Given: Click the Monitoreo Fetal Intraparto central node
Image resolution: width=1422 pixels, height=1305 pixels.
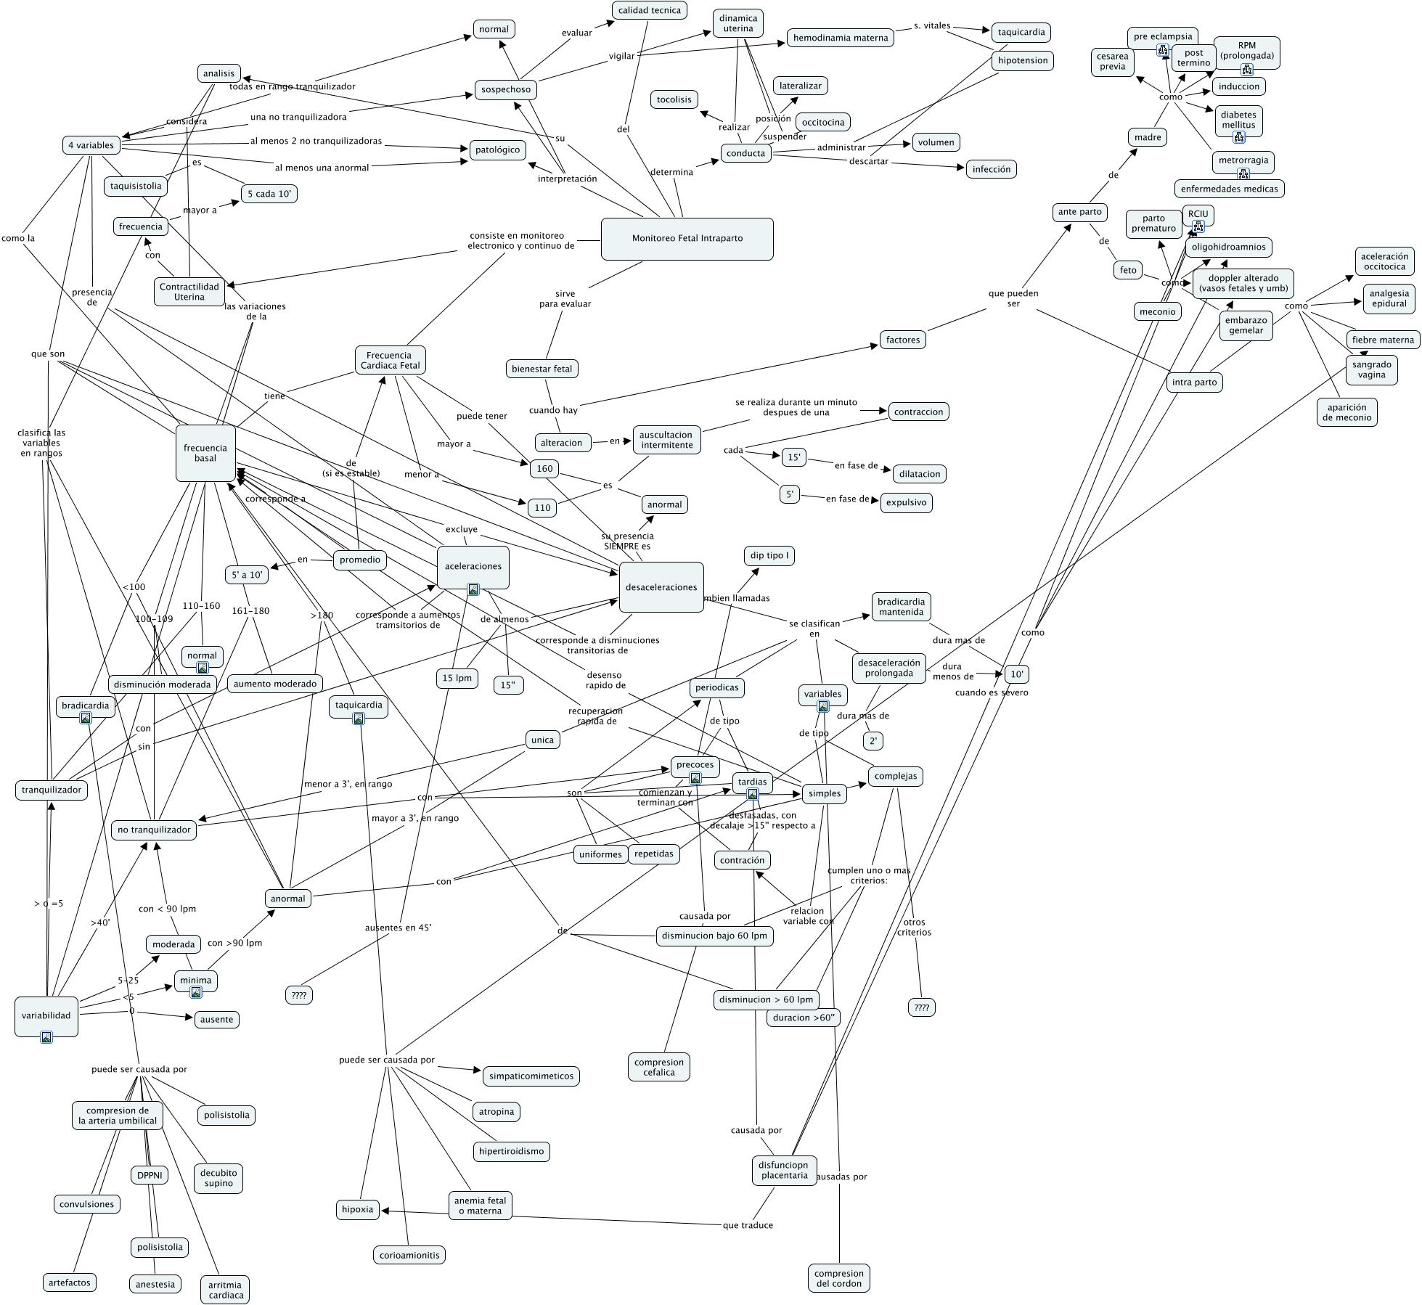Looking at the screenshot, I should point(687,238).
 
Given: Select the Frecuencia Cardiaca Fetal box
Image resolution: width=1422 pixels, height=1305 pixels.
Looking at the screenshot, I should point(390,360).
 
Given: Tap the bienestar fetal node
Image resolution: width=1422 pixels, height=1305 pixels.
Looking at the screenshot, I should point(542,369).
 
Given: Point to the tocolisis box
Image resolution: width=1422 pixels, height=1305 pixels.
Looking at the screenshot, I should point(674,99).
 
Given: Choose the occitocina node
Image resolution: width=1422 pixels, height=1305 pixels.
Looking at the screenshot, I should point(822,122).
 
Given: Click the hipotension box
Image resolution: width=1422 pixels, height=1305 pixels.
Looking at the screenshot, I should point(1022,60).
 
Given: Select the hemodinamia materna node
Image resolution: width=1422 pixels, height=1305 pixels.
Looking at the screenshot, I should point(840,38).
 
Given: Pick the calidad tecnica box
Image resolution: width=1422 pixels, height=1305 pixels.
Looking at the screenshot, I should point(649,10).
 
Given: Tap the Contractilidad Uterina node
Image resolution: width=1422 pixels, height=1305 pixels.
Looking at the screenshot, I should point(189,292).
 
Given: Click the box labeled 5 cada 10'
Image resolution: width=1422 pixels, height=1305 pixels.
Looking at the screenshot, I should point(269,194).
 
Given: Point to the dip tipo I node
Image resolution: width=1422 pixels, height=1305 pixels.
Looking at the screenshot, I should point(769,556).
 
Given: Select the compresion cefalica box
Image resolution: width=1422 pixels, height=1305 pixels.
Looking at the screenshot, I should point(658,1067).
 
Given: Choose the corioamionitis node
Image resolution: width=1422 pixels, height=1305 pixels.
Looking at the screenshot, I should point(409,1255).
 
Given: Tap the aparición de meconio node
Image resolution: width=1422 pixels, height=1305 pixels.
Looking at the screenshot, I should point(1347,412).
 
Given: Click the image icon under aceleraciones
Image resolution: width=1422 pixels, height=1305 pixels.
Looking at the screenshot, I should point(473,589).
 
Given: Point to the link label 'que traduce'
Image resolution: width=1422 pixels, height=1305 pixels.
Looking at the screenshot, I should point(748,1226).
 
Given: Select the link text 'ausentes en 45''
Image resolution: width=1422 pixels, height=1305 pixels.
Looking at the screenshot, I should point(398,928).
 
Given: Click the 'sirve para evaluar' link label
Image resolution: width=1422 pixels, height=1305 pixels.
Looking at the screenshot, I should point(565,299).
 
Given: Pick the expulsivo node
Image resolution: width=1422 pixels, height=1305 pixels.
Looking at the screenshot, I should point(906,502).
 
